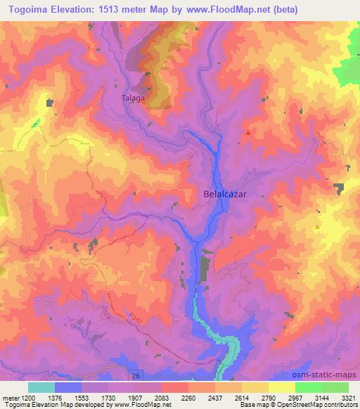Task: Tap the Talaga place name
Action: point(133,98)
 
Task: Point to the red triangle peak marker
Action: point(247,131)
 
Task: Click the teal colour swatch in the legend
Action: point(41,387)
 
